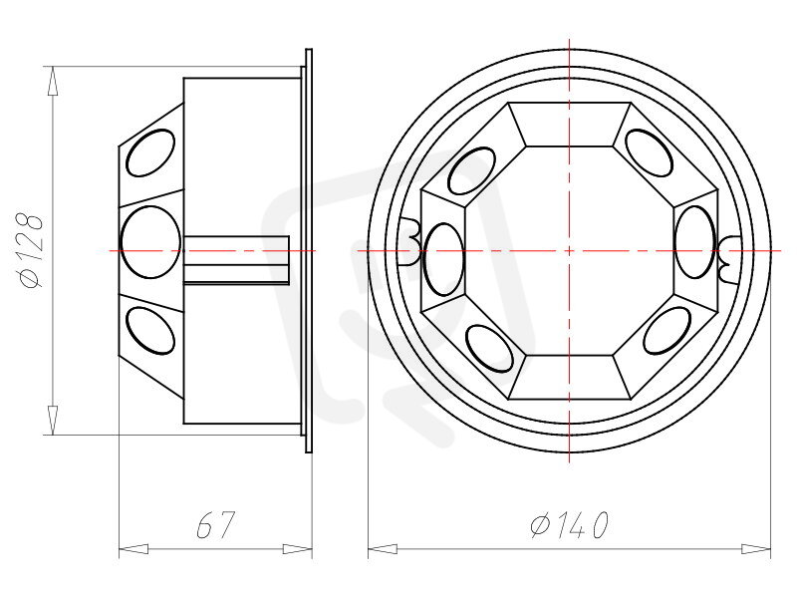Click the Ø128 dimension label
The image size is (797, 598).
[31, 251]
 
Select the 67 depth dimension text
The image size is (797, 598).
[215, 524]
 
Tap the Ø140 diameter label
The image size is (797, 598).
[569, 524]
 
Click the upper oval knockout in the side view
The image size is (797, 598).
[150, 153]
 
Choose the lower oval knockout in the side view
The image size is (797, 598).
[150, 331]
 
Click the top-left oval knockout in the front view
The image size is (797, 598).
[471, 170]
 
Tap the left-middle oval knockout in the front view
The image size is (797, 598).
[443, 259]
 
